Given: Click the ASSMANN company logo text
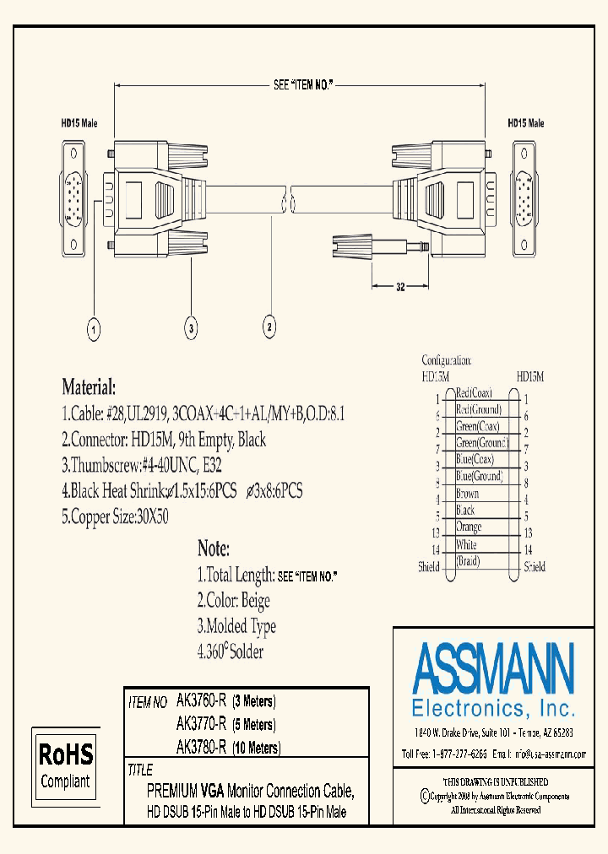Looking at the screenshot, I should tap(494, 668).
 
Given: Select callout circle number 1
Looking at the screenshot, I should tap(95, 327).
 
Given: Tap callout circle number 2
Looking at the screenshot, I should tap(269, 327).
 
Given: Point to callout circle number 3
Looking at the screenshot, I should tap(192, 327).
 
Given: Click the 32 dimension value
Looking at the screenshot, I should tap(400, 288).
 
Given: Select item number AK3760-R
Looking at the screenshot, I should tap(201, 701).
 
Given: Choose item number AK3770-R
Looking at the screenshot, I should tap(201, 724).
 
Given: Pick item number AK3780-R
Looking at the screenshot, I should tap(201, 747).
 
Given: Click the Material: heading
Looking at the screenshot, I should tap(89, 388).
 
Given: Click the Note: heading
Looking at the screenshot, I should tap(213, 549).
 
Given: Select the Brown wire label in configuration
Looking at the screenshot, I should tap(467, 494).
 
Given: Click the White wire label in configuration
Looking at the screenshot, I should tap(466, 546).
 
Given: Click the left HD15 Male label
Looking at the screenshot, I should tap(78, 123).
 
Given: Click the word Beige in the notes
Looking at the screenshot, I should tap(255, 601).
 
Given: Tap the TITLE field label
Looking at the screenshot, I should tap(140, 770).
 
